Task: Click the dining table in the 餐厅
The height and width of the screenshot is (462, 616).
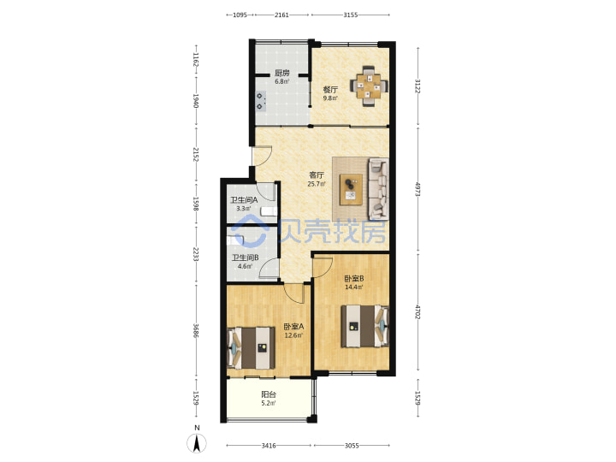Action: click(x=369, y=86)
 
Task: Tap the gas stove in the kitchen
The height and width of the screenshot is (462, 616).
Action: click(x=260, y=101)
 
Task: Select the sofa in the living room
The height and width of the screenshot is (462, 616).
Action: click(x=378, y=189)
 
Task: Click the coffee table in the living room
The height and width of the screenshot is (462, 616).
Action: click(x=352, y=189)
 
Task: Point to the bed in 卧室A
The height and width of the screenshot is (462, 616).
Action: click(x=251, y=347)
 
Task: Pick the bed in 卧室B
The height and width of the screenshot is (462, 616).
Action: click(x=365, y=326)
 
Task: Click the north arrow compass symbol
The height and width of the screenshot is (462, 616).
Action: click(x=197, y=443)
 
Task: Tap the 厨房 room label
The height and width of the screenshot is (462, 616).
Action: click(x=282, y=73)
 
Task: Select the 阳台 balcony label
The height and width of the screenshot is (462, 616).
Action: click(x=269, y=394)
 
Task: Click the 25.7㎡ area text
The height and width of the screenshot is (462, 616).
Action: click(x=317, y=183)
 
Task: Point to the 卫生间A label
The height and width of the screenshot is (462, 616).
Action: click(x=244, y=200)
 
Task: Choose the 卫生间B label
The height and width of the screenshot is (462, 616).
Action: click(x=245, y=258)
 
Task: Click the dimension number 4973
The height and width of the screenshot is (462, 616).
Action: click(x=418, y=189)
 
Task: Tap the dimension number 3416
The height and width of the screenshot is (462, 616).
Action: click(x=269, y=446)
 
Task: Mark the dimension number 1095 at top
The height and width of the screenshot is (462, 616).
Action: click(x=240, y=15)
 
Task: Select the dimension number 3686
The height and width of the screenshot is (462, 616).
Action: click(x=196, y=330)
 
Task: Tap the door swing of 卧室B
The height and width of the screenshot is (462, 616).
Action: click(x=323, y=267)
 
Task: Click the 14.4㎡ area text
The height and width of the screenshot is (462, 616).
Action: click(x=354, y=287)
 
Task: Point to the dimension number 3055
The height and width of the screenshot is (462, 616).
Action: click(x=352, y=446)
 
